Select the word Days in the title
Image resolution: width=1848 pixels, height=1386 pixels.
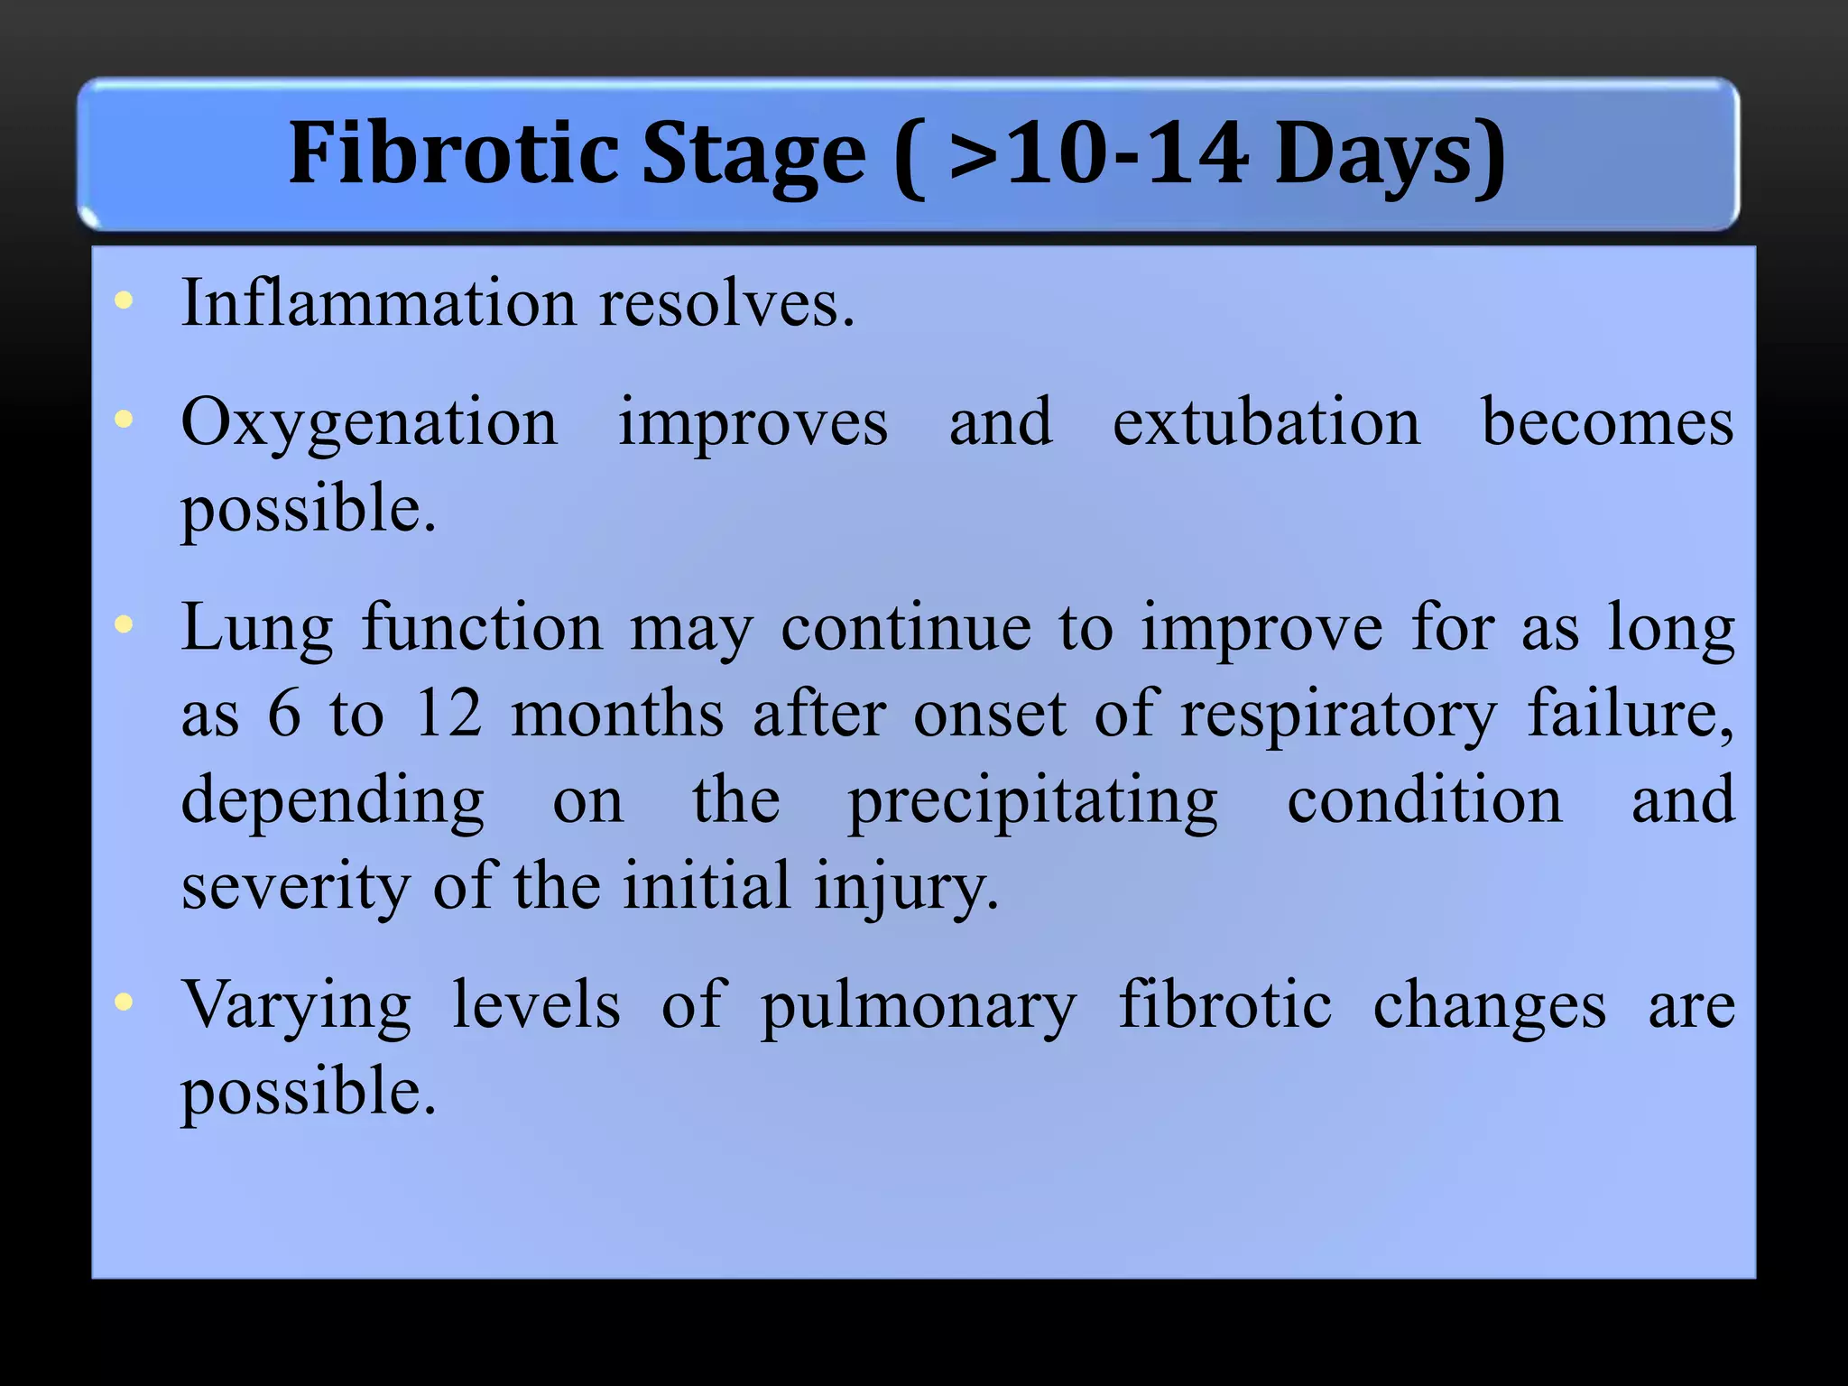[x=1375, y=155]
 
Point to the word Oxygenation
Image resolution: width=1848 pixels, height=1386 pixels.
[x=369, y=424]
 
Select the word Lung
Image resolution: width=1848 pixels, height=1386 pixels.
[x=257, y=630]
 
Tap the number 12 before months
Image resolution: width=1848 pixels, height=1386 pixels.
[x=448, y=714]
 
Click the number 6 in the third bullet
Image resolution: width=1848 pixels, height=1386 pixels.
[x=284, y=714]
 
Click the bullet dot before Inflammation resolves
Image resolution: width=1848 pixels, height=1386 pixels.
[x=125, y=301]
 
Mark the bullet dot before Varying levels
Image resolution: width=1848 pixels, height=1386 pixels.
[x=125, y=1002]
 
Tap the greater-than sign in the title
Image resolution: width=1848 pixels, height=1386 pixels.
[x=974, y=155]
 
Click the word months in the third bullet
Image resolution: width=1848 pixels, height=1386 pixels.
[x=617, y=714]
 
